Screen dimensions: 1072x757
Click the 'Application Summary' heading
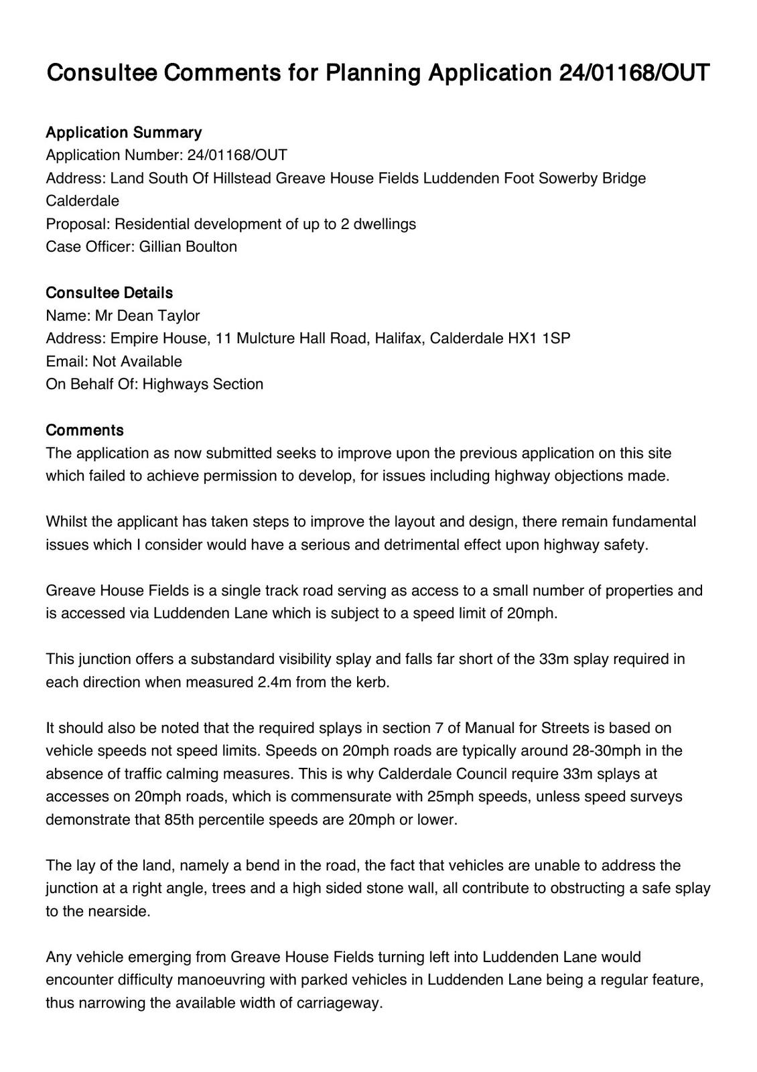click(x=123, y=132)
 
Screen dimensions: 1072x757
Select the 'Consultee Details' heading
click(x=109, y=293)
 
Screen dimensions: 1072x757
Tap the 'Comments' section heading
click(x=84, y=430)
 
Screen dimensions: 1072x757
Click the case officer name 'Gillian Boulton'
click(x=188, y=247)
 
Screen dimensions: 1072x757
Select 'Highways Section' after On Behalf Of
click(x=203, y=384)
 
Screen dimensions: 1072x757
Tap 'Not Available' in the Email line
click(x=137, y=361)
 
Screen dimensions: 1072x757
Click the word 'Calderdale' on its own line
click(x=82, y=201)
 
